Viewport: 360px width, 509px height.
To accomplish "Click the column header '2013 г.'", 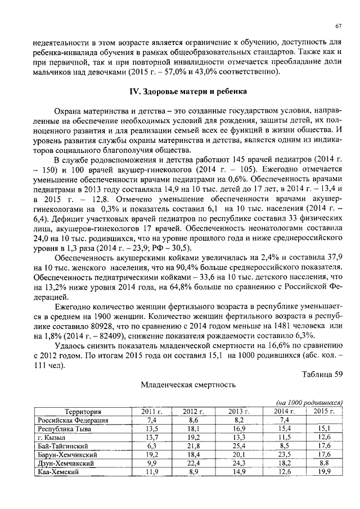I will [x=238, y=412].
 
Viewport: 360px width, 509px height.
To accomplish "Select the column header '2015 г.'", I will [x=324, y=412].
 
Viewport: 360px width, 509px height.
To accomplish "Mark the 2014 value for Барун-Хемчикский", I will [x=283, y=454].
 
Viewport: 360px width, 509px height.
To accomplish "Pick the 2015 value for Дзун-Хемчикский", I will [x=324, y=463].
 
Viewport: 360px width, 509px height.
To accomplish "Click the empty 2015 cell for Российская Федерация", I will [x=324, y=420].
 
